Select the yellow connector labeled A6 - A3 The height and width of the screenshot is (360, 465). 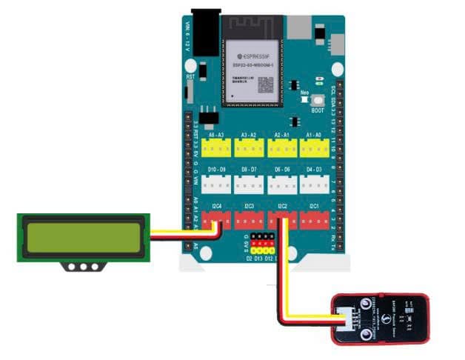pyautogui.click(x=217, y=148)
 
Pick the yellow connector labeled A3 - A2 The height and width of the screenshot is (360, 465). pyautogui.click(x=250, y=148)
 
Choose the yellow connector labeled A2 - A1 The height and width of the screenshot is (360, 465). pyautogui.click(x=282, y=148)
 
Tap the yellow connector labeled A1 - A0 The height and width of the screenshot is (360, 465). pyautogui.click(x=315, y=148)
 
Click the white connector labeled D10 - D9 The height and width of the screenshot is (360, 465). pyautogui.click(x=217, y=184)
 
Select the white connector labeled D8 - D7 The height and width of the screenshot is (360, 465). pyautogui.click(x=250, y=184)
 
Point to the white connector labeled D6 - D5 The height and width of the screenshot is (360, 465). pyautogui.click(x=282, y=184)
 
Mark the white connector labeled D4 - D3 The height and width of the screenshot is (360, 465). pyautogui.click(x=315, y=184)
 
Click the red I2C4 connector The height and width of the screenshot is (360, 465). pyautogui.click(x=217, y=219)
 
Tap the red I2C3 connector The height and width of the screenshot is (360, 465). pyautogui.click(x=250, y=219)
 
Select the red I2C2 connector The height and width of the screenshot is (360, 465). pyautogui.click(x=282, y=219)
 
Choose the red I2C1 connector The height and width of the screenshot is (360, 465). pyautogui.click(x=315, y=219)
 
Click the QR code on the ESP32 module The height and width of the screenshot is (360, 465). pyautogui.click(x=266, y=84)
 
